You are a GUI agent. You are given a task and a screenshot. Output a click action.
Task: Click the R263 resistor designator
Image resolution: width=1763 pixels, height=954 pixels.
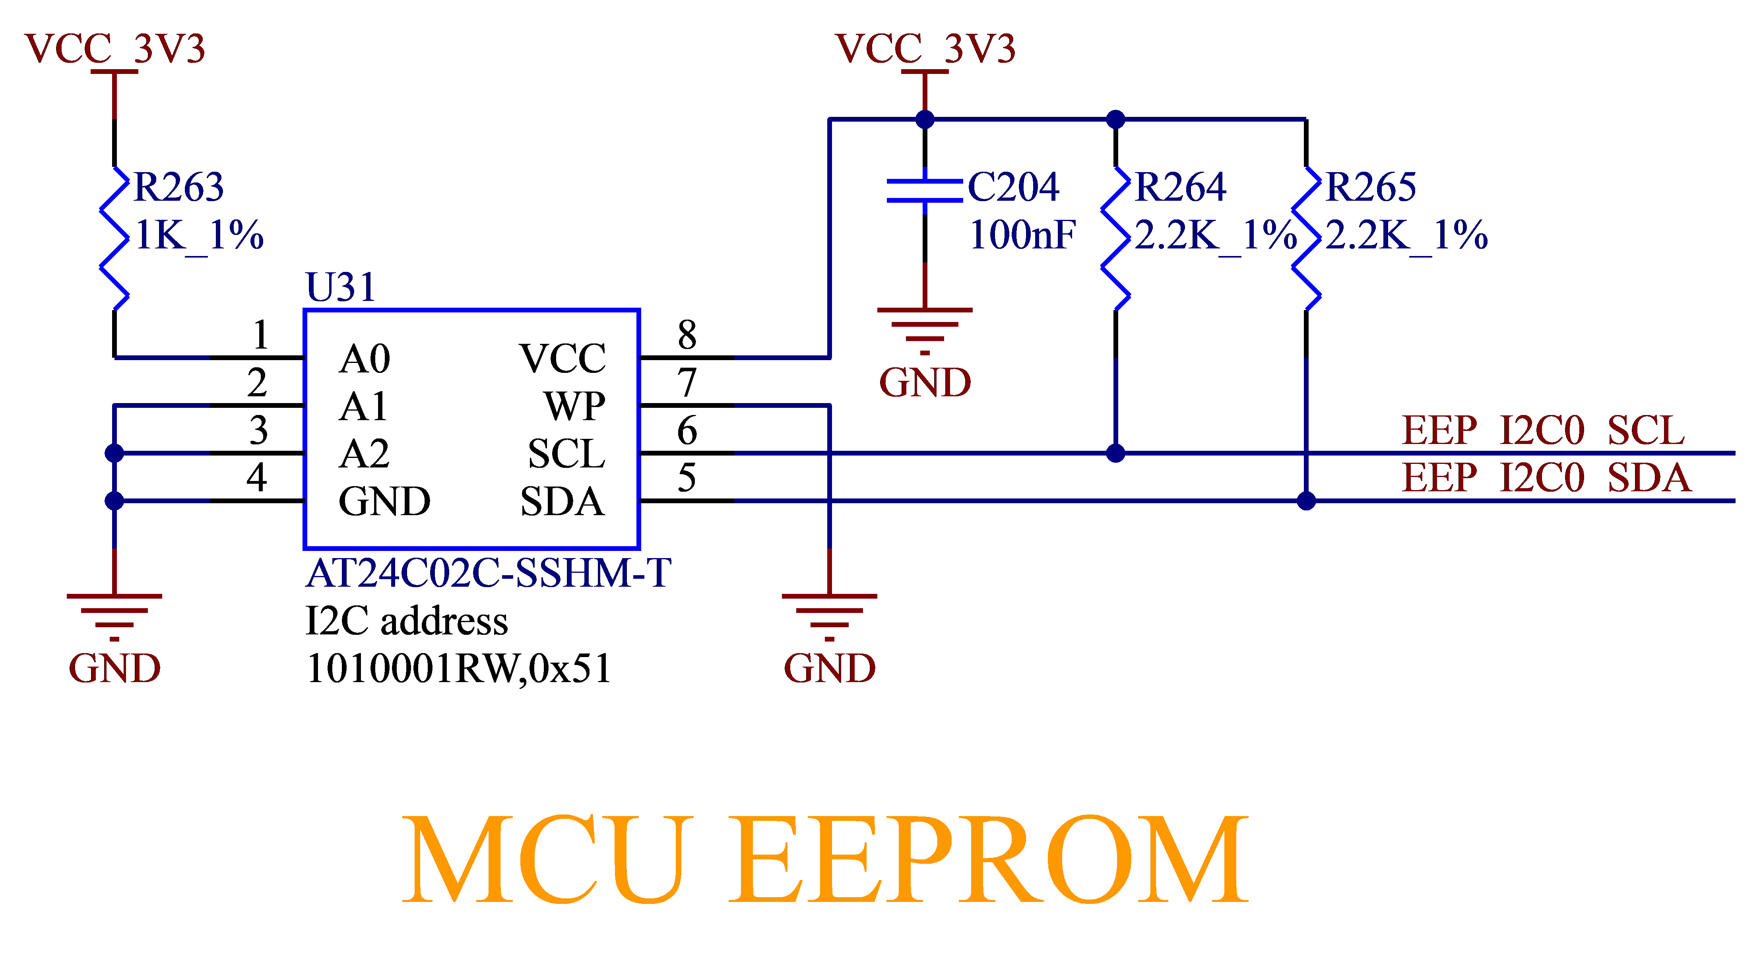[178, 187]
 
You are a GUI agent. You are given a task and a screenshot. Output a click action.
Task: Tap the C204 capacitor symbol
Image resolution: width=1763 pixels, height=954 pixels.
[925, 190]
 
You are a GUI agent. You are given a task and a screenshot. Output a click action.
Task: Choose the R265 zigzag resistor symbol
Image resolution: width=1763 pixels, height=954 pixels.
[1307, 238]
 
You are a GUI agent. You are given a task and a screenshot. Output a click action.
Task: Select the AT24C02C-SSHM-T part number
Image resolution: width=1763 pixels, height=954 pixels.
[488, 574]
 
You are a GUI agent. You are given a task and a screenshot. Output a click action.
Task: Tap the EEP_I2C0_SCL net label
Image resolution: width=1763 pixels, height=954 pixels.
[1543, 430]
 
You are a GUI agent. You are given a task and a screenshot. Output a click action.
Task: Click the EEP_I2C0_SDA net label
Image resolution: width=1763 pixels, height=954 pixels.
[1546, 478]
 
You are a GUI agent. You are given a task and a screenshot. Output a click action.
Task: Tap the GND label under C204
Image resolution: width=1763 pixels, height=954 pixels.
[925, 382]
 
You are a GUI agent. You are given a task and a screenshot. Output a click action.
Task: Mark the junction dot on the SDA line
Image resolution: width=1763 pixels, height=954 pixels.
[1307, 501]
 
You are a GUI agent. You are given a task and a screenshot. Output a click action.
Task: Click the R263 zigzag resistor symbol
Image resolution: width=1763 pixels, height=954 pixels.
[114, 238]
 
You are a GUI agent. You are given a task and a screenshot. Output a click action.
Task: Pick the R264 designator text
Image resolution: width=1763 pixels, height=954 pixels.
[1180, 187]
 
